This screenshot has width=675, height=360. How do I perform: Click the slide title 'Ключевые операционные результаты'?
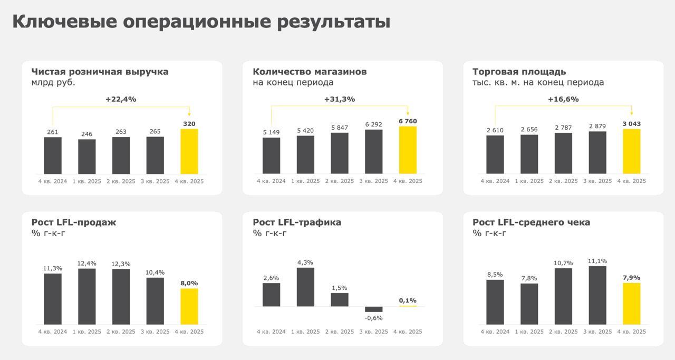coord(201,22)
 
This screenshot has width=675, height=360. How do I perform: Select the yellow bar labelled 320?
coord(189,151)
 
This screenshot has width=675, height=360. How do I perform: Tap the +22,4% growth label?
coord(121,99)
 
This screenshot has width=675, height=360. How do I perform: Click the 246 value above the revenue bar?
coord(86,134)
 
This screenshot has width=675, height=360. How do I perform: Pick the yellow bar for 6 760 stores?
coord(408,150)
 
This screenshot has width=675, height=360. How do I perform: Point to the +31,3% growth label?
coord(339,99)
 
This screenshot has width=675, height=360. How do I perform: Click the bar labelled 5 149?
coord(271,155)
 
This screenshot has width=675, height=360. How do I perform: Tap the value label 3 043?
coord(631,124)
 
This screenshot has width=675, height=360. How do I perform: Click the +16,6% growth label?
coord(563,99)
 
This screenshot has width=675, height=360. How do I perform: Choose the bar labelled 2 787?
coord(563,153)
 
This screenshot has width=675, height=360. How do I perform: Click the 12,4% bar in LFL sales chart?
coord(87,296)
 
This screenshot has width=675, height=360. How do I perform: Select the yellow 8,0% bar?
coord(189,306)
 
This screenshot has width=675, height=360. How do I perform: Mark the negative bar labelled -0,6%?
coord(373,309)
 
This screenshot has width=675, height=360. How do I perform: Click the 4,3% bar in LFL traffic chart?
coord(305,287)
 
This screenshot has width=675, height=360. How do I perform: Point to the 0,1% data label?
coord(408,300)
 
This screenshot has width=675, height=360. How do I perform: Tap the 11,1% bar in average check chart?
coord(597,295)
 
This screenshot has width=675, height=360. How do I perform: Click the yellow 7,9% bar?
coord(631,304)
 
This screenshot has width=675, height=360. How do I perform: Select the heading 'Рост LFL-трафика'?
coord(297,222)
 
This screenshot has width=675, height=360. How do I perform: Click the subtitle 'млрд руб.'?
coord(53,83)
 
